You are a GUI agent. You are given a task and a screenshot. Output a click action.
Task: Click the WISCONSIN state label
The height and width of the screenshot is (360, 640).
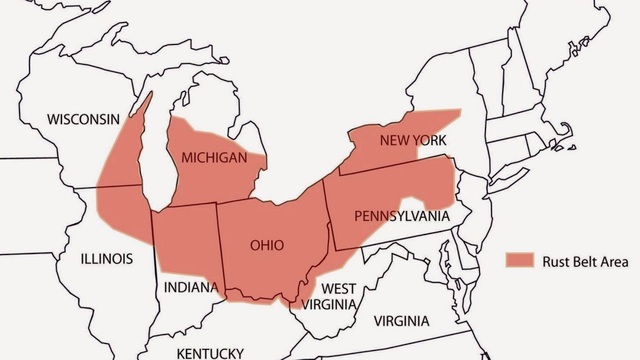(x=83, y=119)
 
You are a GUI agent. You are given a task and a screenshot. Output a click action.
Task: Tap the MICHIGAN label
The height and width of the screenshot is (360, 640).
(x=214, y=157)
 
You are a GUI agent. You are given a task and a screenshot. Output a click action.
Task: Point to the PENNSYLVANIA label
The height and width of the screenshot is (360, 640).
(x=401, y=216)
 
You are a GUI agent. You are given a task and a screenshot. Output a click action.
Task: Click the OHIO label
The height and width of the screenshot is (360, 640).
(x=266, y=245)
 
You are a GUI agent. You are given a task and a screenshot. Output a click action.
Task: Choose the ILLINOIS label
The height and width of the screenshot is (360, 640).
(x=107, y=258)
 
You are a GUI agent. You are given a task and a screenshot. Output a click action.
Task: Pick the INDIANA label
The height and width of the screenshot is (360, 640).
(x=190, y=288)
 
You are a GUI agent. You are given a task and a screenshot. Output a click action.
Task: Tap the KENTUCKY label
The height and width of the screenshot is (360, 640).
(x=209, y=353)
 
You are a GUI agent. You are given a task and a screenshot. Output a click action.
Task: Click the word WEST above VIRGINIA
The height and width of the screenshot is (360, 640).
(x=339, y=289)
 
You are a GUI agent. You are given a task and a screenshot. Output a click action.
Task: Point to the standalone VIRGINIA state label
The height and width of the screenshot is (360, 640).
(x=401, y=321)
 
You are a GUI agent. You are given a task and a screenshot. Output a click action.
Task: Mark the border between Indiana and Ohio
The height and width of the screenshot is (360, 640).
(x=220, y=250)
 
